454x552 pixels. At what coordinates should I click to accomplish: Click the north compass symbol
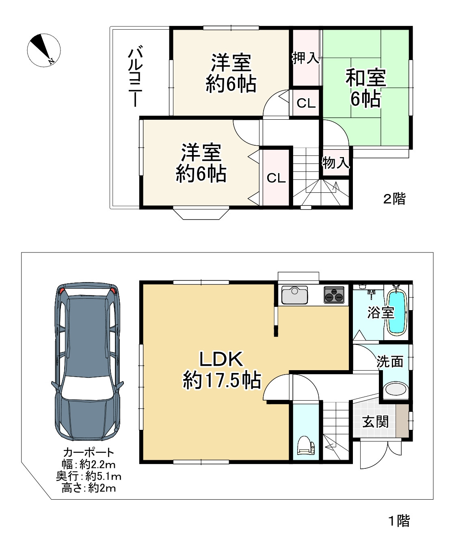click(44, 50)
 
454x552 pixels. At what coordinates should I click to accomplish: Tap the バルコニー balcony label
click(135, 76)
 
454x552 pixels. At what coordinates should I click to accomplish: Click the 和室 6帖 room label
click(366, 88)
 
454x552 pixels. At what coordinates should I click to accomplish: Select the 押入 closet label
click(306, 58)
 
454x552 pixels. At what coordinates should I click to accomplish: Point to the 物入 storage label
click(336, 162)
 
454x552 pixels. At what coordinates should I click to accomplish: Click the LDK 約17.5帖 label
click(221, 370)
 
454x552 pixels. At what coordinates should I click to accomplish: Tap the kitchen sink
click(294, 295)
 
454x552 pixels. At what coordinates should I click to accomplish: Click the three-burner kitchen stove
click(334, 295)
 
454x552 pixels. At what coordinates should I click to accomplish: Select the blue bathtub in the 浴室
click(397, 312)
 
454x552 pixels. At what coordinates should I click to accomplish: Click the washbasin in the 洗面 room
click(396, 389)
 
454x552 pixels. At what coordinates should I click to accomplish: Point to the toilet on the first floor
click(306, 445)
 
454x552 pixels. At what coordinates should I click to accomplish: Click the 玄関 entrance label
click(375, 422)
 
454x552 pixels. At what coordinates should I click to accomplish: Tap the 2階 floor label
click(394, 198)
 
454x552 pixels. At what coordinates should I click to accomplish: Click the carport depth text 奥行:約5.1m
click(89, 477)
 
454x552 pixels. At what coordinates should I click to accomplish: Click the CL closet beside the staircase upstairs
click(276, 178)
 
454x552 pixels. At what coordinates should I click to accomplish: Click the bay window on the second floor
click(201, 213)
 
